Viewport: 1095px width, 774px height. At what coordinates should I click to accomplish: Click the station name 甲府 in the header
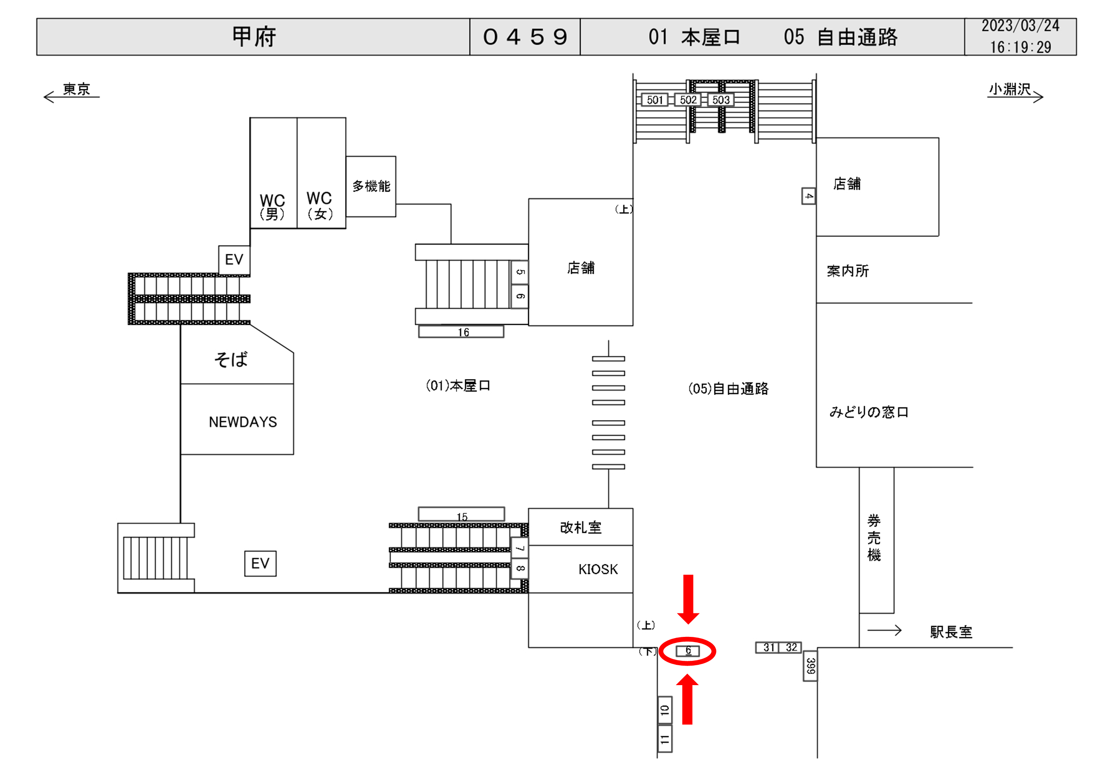coord(254,37)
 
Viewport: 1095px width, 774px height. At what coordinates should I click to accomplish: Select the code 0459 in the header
coord(525,37)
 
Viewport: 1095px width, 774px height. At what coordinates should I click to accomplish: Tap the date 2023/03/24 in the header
coord(1020,26)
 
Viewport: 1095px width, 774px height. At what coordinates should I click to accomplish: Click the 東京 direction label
coord(76,89)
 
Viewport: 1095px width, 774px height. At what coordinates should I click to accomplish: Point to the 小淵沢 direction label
coord(1010,89)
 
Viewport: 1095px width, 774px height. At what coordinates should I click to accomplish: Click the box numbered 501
coord(655,100)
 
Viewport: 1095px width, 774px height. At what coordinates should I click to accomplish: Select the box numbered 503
coord(720,100)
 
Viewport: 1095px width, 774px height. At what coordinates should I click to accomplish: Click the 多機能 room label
coord(371,186)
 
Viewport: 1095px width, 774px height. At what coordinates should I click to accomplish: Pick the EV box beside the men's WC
coord(234,260)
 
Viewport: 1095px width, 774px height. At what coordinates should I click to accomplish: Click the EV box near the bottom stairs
coord(260,563)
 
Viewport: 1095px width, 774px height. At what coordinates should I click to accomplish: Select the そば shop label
coord(231,359)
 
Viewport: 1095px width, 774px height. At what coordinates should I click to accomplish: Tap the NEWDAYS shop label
coord(243,422)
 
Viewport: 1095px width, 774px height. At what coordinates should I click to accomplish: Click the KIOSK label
coord(598,569)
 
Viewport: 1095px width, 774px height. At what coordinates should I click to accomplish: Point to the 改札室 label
coord(580,528)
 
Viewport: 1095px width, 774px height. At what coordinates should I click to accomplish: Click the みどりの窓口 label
coord(869,412)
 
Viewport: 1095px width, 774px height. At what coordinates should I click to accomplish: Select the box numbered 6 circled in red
coord(688,650)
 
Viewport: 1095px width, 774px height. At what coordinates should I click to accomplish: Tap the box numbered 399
coord(810,665)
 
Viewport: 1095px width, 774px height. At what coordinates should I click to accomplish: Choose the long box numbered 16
coord(461,332)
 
